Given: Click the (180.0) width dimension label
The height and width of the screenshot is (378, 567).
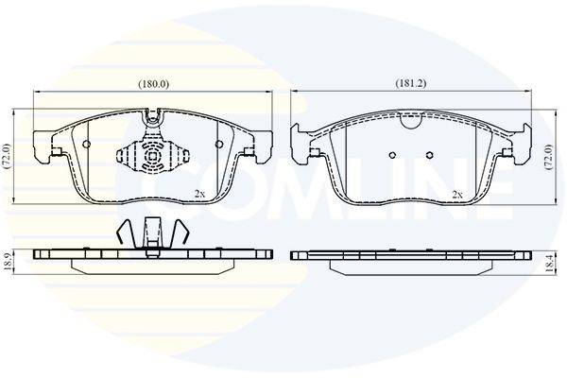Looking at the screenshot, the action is click(154, 84).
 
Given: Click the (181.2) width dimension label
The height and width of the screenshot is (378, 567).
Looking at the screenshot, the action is click(411, 83).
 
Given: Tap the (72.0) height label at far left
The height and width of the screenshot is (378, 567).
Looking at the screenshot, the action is click(8, 157).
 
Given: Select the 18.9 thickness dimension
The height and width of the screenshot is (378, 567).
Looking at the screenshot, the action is click(7, 262).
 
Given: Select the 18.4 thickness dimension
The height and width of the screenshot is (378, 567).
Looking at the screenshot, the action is click(550, 263).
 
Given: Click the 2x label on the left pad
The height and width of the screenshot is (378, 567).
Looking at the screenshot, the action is click(199, 194).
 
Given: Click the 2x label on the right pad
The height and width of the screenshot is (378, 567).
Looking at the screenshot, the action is click(457, 195).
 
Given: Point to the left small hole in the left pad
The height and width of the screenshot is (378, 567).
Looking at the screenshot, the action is click(86, 144).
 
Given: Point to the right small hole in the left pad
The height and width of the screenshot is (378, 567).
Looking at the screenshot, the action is click(219, 144).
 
